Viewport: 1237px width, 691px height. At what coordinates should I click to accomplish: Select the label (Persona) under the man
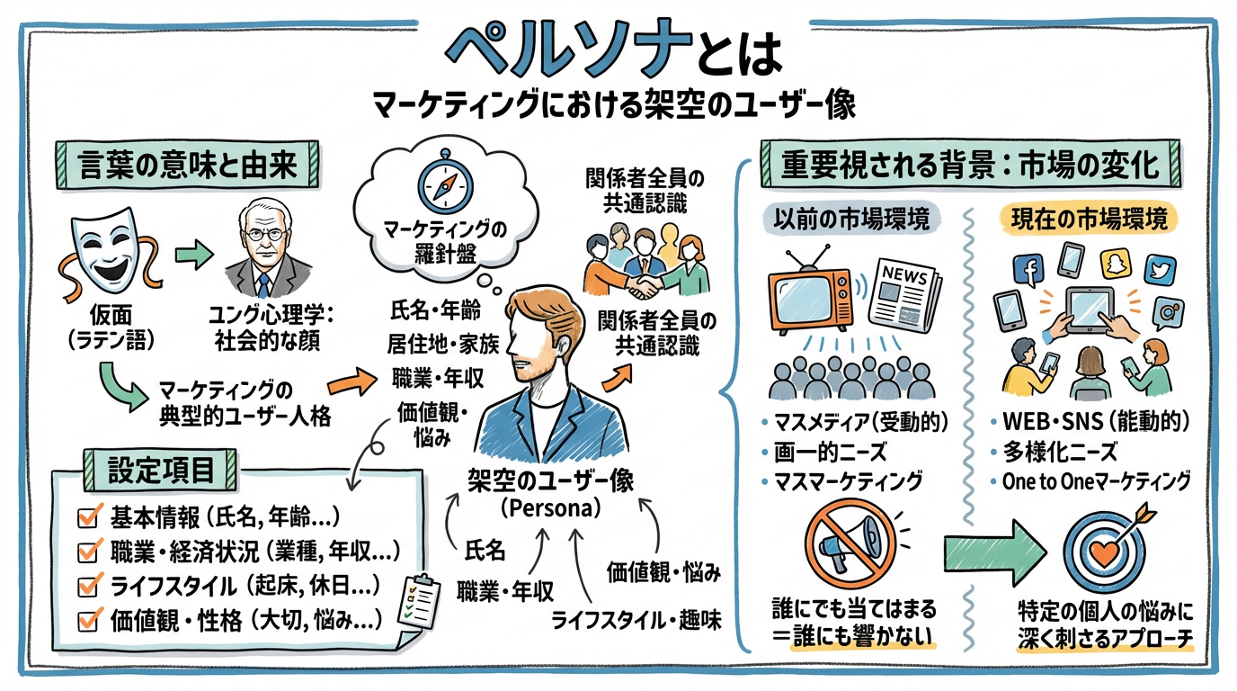coord(549,507)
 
